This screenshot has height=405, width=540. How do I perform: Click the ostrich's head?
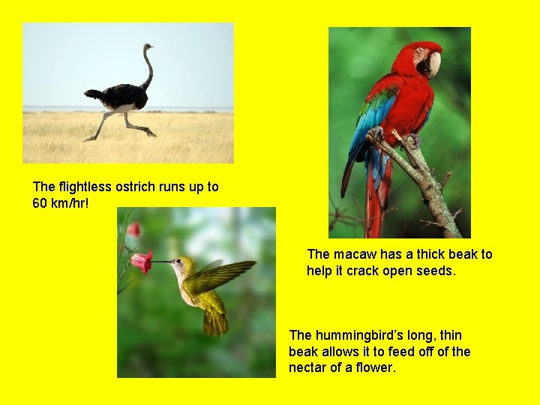[148, 47]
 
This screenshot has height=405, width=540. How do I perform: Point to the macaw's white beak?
[433, 64]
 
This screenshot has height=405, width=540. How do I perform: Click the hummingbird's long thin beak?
[161, 262]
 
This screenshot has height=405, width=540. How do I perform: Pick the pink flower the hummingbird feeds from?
[140, 261]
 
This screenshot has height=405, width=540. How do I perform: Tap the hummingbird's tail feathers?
[215, 320]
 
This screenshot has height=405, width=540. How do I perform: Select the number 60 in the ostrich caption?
[40, 203]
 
